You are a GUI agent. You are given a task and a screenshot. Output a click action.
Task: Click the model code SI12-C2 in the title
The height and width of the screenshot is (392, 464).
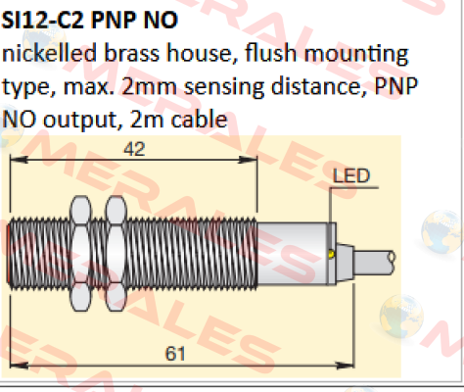(x=43, y=21)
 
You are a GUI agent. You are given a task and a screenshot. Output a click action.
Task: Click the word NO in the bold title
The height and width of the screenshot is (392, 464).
(x=161, y=21)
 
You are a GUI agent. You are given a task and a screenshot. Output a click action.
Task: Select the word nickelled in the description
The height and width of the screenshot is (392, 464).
(x=49, y=53)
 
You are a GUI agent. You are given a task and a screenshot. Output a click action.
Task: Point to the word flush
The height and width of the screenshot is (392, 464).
(x=270, y=53)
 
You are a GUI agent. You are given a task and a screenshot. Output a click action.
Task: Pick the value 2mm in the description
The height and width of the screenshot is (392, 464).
(x=149, y=86)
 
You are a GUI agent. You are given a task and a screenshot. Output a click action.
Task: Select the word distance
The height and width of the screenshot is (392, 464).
(x=319, y=86)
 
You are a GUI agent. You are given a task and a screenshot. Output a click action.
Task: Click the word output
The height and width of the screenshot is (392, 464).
(x=80, y=121)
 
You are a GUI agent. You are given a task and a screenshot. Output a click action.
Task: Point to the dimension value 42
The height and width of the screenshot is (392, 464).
(x=134, y=149)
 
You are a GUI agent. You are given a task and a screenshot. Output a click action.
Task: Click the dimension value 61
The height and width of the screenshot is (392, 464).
(x=175, y=354)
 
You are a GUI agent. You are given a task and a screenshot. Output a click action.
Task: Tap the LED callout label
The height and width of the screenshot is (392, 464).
(x=351, y=176)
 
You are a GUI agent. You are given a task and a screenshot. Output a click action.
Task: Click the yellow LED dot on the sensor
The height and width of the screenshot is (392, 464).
(x=331, y=254)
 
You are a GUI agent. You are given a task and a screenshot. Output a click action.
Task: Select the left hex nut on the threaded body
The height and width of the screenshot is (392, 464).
(x=80, y=254)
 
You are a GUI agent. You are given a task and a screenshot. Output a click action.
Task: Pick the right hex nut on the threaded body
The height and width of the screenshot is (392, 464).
(x=116, y=254)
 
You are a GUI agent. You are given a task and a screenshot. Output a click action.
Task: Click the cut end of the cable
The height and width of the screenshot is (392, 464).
(x=392, y=258)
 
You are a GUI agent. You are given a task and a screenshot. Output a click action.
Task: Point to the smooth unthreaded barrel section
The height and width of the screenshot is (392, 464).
(x=293, y=254)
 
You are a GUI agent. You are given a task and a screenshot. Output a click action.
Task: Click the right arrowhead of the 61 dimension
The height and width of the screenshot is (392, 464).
(x=346, y=365)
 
